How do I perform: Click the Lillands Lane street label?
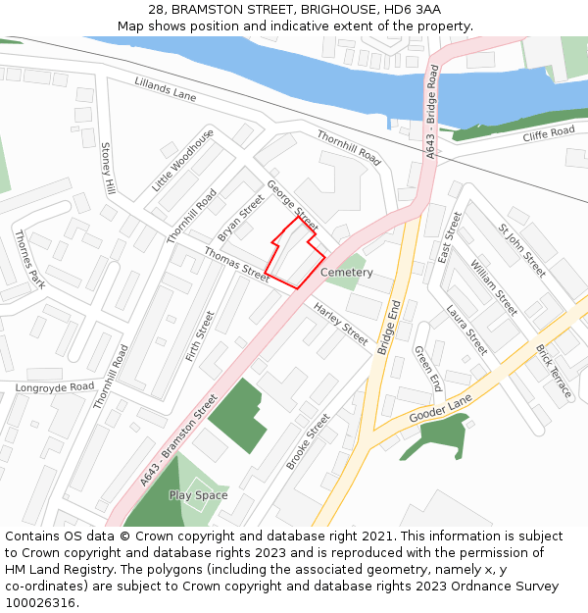pos(166,90)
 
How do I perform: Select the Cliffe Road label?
pos(549,132)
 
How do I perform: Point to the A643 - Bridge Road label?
pos(432,113)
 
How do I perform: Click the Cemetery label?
pos(347,273)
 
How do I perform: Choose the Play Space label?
pos(198,495)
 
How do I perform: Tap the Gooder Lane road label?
pos(440,406)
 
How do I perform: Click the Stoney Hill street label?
pos(108,168)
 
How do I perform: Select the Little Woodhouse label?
pos(182,160)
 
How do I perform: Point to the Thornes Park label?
pos(29,259)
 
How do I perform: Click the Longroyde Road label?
pos(55,387)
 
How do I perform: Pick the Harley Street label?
pos(341,325)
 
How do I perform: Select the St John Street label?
pos(522,250)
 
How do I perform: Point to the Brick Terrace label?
pos(554,371)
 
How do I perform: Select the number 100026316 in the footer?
pos(40,603)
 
